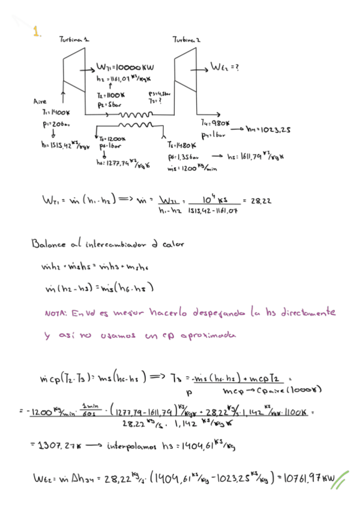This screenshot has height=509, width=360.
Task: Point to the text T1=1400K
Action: [56, 112]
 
